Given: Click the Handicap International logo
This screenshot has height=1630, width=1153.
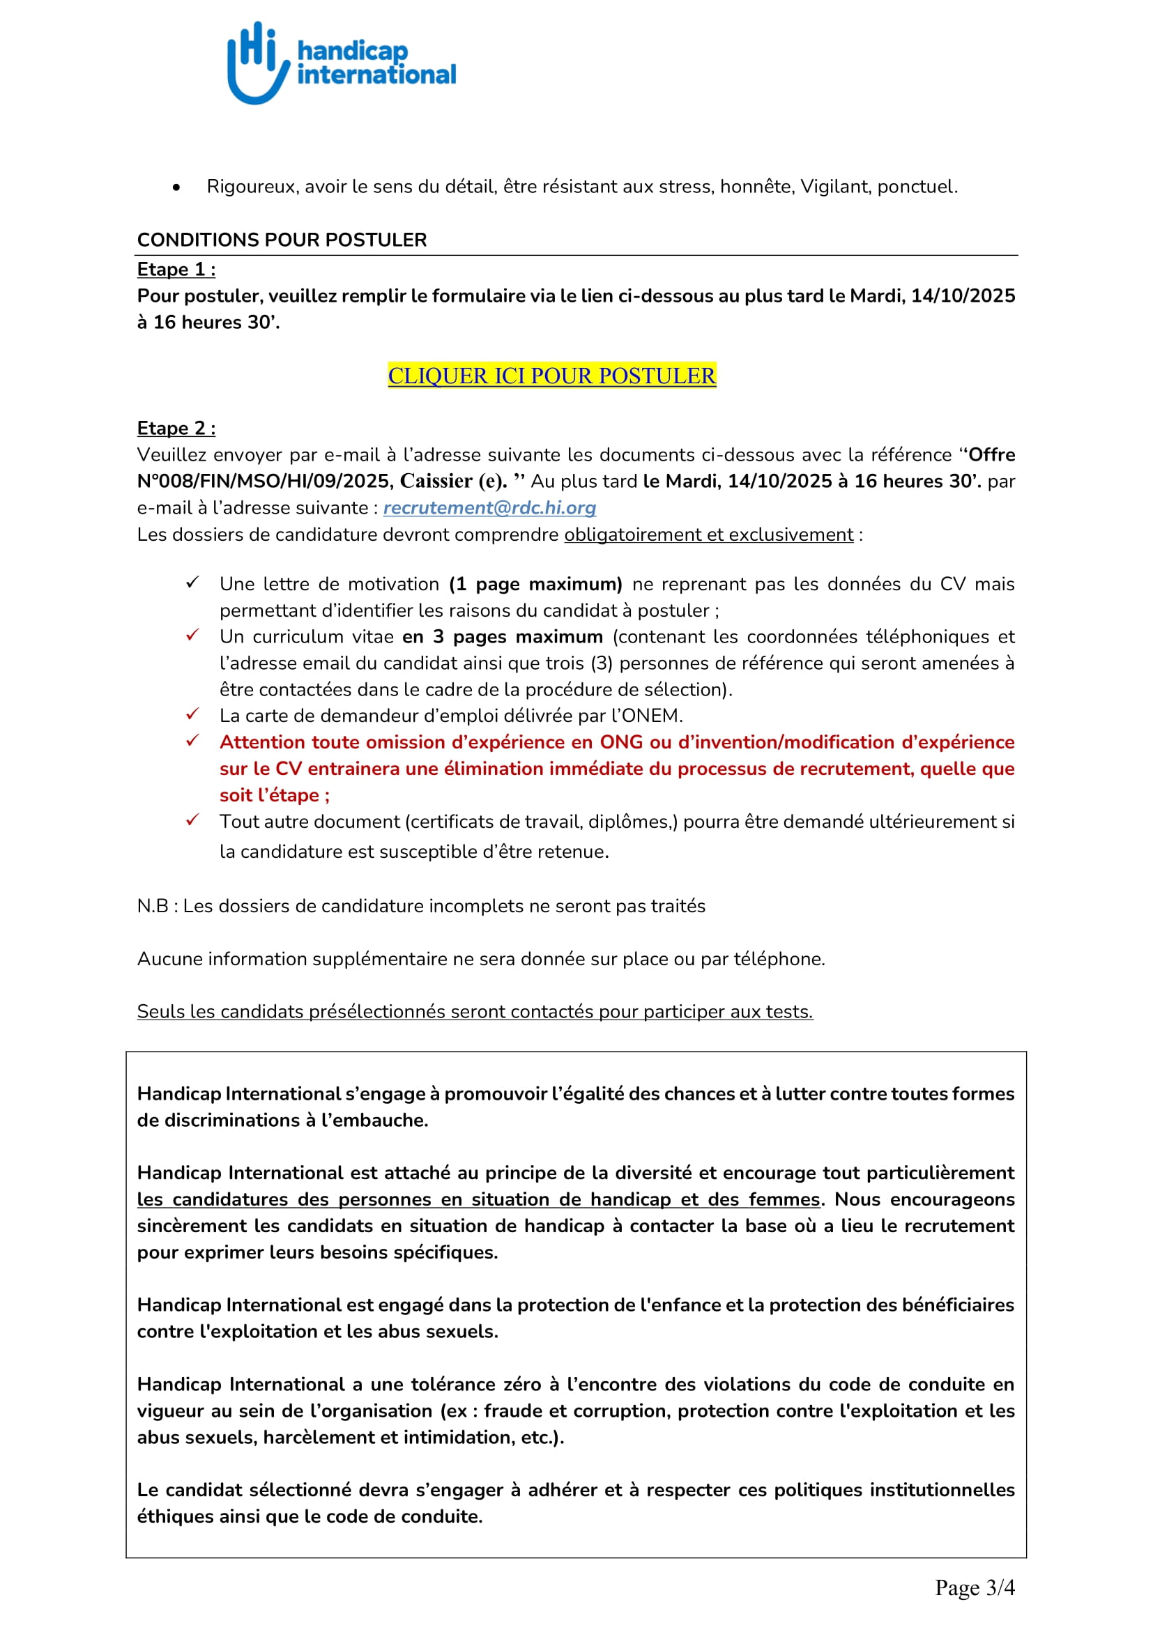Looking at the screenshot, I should pyautogui.click(x=341, y=63).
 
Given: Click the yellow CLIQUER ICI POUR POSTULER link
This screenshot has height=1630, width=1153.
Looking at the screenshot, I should pyautogui.click(x=551, y=376).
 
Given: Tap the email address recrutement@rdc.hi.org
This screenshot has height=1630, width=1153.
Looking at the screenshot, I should pyautogui.click(x=489, y=507).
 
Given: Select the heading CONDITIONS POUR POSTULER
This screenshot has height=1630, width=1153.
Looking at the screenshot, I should pyautogui.click(x=282, y=240).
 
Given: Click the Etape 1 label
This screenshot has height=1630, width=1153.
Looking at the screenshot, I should pyautogui.click(x=176, y=270).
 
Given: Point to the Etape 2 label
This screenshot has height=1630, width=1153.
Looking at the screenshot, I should pyautogui.click(x=176, y=428).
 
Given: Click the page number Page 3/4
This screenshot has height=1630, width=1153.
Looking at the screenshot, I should pyautogui.click(x=974, y=1587).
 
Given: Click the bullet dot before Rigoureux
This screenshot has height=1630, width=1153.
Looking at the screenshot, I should pyautogui.click(x=176, y=187).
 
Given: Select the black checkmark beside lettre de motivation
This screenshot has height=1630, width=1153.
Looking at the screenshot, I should pyautogui.click(x=192, y=582).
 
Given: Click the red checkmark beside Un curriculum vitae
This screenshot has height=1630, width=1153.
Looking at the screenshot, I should pyautogui.click(x=192, y=635).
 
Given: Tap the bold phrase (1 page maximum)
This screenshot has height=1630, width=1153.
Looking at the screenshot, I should pyautogui.click(x=535, y=584).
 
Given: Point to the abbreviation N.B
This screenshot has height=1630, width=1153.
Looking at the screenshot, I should pyautogui.click(x=153, y=906).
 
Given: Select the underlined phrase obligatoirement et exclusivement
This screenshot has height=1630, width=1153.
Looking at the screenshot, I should pyautogui.click(x=708, y=535).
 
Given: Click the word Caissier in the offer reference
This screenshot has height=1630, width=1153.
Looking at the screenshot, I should pyautogui.click(x=436, y=482).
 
